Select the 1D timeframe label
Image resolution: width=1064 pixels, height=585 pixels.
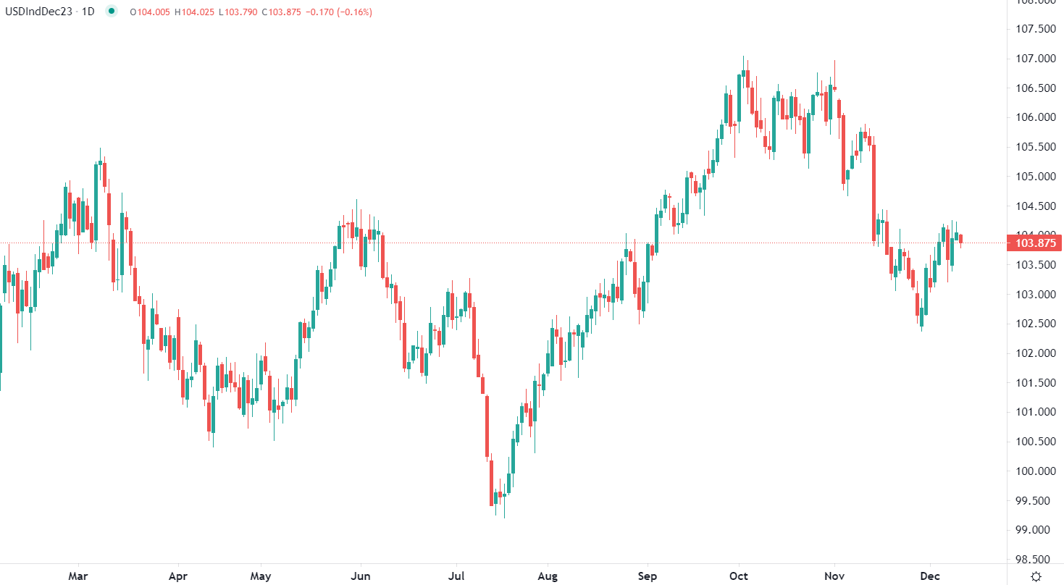(87, 12)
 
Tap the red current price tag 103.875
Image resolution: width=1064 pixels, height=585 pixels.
(1035, 243)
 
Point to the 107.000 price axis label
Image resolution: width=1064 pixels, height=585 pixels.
(1035, 59)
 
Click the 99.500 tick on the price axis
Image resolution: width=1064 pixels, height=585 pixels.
(1035, 501)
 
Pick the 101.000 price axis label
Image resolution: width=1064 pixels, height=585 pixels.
(1035, 413)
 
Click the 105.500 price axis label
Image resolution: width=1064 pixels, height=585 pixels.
(1035, 147)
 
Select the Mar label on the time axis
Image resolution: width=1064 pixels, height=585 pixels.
(78, 576)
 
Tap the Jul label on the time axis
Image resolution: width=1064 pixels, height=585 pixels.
(456, 576)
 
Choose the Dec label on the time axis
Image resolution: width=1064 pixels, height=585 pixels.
(930, 576)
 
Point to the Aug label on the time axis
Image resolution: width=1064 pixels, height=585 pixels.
(548, 576)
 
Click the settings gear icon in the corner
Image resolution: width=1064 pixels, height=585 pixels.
(1036, 576)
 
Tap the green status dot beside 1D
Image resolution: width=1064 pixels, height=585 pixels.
(111, 12)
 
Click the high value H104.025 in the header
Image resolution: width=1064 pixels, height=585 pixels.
(194, 12)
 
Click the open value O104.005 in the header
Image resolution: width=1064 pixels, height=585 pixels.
(150, 12)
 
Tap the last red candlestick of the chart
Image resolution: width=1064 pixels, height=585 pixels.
(961, 239)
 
